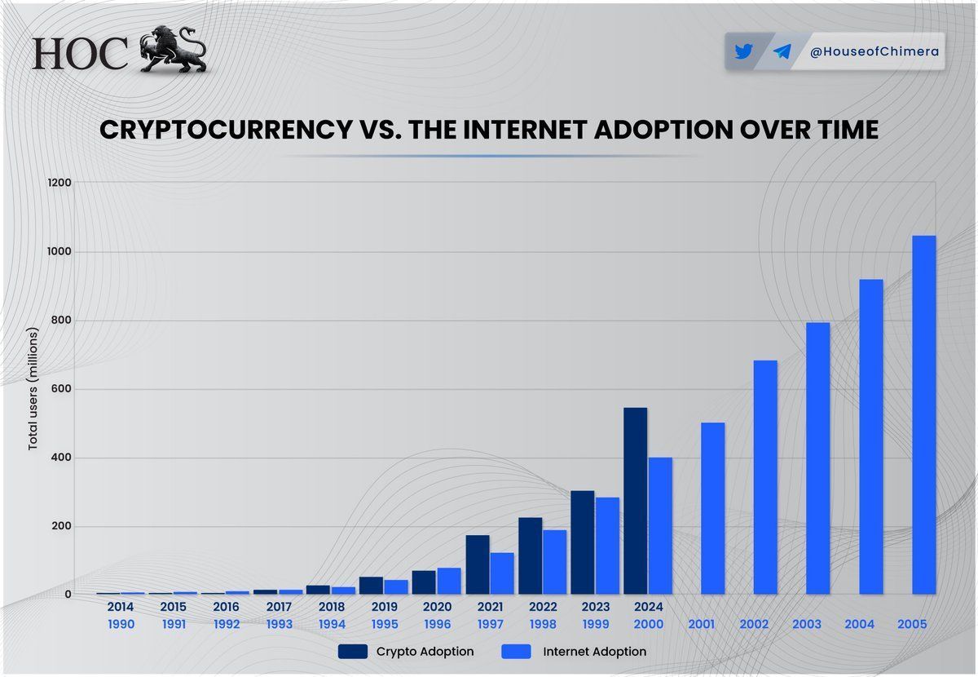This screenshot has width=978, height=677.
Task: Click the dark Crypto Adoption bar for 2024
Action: coord(635,501)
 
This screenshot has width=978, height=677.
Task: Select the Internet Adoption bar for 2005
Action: coord(923,415)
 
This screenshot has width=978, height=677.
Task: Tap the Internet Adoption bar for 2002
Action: coord(765,477)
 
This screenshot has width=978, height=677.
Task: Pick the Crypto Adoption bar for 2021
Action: coord(478,564)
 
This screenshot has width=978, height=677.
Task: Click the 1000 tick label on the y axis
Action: coord(60,252)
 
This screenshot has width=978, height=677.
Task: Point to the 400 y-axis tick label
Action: coord(62,458)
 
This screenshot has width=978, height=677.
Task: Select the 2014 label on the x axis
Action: coord(120,608)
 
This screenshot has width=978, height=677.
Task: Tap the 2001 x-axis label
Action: coord(701,625)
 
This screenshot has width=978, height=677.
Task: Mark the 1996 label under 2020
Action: coord(437,625)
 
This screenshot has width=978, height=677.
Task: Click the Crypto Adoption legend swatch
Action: coord(352,652)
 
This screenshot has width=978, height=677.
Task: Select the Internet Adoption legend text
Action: coord(593,652)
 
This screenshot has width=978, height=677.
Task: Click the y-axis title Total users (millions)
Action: coord(33,389)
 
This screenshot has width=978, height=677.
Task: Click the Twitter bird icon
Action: coord(742,52)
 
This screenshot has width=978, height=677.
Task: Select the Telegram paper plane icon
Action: coord(782,52)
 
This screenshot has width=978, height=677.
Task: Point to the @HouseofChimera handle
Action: coord(874,52)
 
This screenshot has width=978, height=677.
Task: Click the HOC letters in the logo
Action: coord(80,54)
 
